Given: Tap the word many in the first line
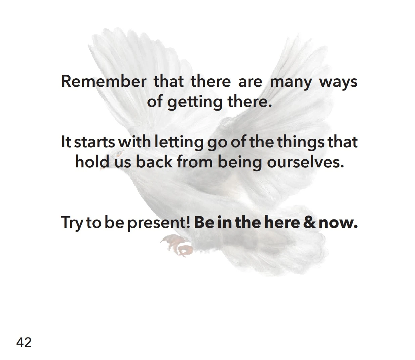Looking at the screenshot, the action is click(x=291, y=83).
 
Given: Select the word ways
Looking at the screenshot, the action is click(x=338, y=83).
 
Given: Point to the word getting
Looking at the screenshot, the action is click(x=195, y=103).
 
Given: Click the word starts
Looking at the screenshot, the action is click(x=95, y=142).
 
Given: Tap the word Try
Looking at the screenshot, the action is click(x=72, y=223).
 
